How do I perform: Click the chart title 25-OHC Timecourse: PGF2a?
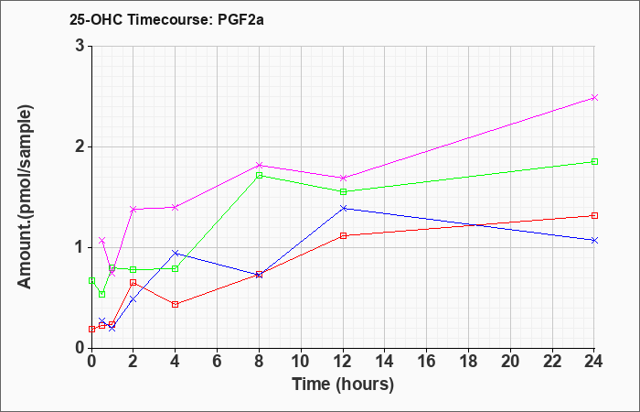click(166, 19)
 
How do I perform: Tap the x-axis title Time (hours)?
click(343, 385)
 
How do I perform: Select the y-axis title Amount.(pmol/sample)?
click(26, 197)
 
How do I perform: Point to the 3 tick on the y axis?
click(81, 46)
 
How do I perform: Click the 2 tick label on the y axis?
click(81, 146)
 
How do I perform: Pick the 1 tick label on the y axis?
click(81, 248)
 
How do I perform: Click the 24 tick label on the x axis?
click(594, 362)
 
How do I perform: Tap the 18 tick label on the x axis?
click(468, 362)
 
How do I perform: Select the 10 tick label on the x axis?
click(301, 362)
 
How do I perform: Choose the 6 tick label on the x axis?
click(218, 362)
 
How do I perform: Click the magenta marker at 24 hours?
click(594, 98)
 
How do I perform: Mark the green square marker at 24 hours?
click(594, 161)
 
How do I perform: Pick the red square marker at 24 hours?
click(594, 215)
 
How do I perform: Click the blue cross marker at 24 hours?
click(594, 240)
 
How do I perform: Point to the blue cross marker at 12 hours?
click(343, 208)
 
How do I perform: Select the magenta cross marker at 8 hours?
click(259, 165)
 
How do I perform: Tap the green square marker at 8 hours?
click(259, 176)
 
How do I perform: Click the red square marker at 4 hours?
click(176, 305)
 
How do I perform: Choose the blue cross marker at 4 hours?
click(176, 253)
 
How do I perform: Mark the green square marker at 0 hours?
click(91, 281)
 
